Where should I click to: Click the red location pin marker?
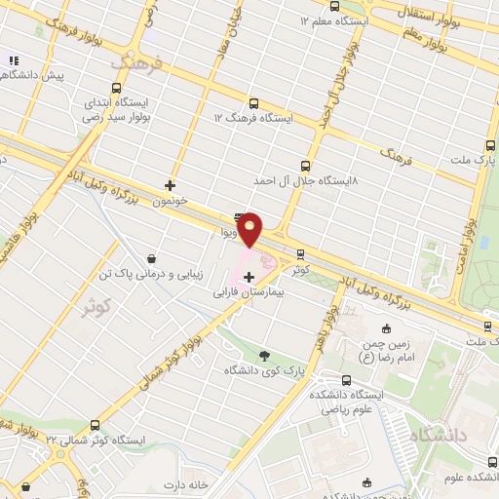pyautogui.click(x=251, y=228)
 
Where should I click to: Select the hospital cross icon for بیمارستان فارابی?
pyautogui.click(x=249, y=278)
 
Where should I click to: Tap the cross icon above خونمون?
pyautogui.click(x=171, y=184)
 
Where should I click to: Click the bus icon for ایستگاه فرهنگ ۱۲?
pyautogui.click(x=254, y=103)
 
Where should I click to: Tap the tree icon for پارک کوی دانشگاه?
pyautogui.click(x=267, y=356)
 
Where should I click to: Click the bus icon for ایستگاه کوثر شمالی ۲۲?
pyautogui.click(x=95, y=426)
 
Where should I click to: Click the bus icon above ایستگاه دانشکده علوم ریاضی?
pyautogui.click(x=346, y=380)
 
